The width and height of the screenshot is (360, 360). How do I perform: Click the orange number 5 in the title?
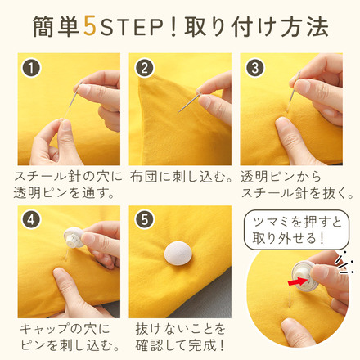tap(90, 27)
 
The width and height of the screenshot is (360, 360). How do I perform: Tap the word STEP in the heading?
tap(132, 27)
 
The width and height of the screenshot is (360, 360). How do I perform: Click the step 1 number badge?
tap(31, 68)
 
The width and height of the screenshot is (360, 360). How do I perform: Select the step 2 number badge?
tap(144, 68)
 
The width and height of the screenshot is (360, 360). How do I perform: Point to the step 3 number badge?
tap(255, 68)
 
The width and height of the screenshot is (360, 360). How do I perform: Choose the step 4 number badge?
tap(31, 220)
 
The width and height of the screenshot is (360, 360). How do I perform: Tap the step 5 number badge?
tap(144, 220)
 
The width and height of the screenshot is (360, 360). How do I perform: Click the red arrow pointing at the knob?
tap(298, 281)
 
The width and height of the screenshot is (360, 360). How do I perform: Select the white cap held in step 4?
tap(74, 237)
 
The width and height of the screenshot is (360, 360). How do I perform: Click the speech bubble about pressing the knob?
tap(296, 230)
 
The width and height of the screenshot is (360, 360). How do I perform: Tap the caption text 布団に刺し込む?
tap(182, 177)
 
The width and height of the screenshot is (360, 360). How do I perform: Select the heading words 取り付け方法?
tap(256, 27)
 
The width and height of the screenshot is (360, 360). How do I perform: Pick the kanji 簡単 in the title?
tap(56, 27)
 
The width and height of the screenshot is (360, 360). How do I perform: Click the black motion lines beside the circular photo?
tap(344, 263)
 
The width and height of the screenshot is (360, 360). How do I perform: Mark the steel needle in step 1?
tap(74, 97)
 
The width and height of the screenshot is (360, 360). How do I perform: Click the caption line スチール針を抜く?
tap(298, 193)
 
